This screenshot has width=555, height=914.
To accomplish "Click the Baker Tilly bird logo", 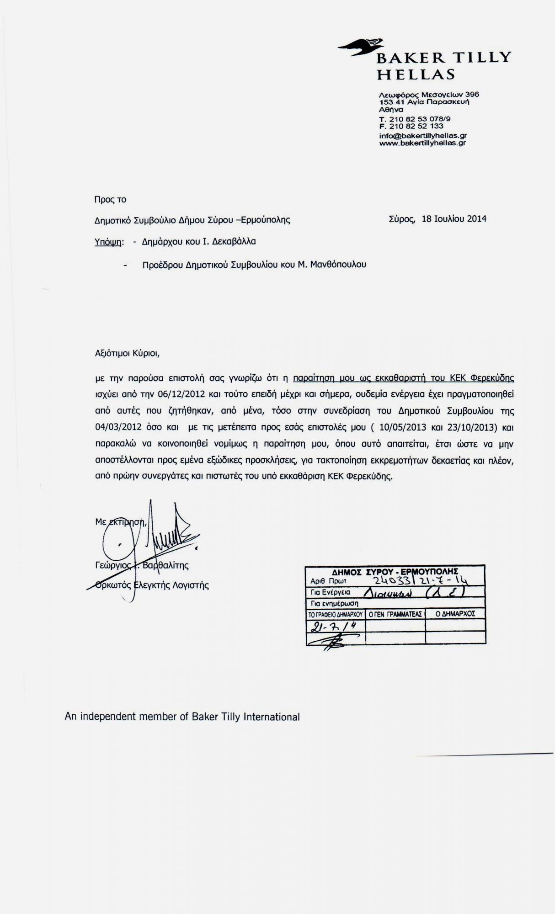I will (x=361, y=47).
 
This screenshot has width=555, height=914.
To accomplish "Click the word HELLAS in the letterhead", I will (x=416, y=74).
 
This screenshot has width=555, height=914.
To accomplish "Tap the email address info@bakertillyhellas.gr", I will (x=423, y=136).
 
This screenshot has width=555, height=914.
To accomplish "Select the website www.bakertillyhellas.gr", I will (x=422, y=143).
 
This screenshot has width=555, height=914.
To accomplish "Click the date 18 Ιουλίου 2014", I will (x=454, y=219).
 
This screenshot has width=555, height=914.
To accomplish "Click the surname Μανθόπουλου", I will (x=338, y=265).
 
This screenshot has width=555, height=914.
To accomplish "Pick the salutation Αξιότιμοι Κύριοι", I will (x=127, y=353).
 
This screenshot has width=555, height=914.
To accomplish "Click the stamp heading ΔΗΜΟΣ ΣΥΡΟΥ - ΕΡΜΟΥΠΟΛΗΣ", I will (x=395, y=571).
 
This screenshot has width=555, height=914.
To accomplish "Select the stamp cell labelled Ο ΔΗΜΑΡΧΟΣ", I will (x=455, y=614).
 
